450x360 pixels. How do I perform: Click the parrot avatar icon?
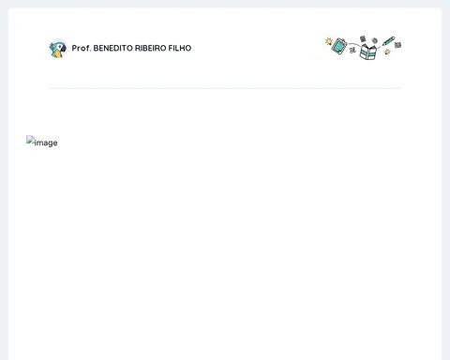pos(58,49)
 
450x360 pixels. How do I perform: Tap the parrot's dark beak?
pos(64,48)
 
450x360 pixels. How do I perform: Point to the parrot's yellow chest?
pos(57,54)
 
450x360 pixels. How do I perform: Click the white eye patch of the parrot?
pos(59,47)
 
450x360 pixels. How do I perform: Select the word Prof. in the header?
pos(82,48)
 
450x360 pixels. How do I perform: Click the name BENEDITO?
pos(112,48)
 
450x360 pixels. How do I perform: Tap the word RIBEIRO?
pos(150,48)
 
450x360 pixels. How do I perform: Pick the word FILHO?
pos(180,48)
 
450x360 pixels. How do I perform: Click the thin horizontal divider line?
pos(225,88)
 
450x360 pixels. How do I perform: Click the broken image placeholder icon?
pos(30,140)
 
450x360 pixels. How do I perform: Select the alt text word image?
pos(46,142)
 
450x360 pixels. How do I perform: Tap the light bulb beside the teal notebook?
pos(329,41)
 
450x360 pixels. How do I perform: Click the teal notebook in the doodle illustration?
pos(339,46)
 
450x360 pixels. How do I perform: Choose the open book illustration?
pos(368,52)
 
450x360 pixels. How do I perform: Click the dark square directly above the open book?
pos(363,38)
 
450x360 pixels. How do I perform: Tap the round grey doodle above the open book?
pos(375,40)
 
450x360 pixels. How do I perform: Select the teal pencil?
pos(388,41)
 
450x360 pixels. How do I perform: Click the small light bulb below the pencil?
pos(387,52)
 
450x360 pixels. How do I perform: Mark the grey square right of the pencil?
pos(397,45)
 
